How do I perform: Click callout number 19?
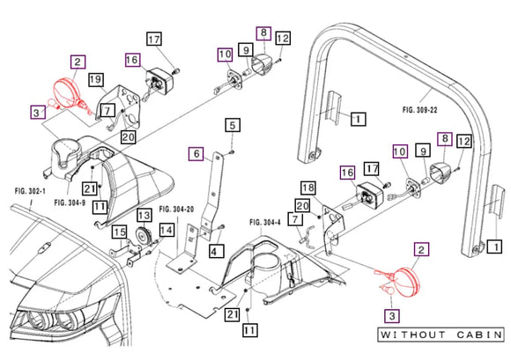(x=96, y=80)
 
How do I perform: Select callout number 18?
(x=308, y=187)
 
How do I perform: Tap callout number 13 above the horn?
(x=144, y=216)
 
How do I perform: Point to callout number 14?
(x=167, y=231)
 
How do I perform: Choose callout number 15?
(x=120, y=232)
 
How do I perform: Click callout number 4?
(x=216, y=252)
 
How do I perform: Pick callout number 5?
(x=233, y=125)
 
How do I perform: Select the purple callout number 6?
(x=196, y=154)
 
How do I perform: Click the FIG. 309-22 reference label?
(x=419, y=110)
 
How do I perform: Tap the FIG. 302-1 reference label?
(x=30, y=191)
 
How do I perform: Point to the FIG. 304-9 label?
(x=70, y=202)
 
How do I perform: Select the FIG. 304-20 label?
(x=176, y=209)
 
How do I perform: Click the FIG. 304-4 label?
(x=265, y=223)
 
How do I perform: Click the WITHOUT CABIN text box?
(x=441, y=335)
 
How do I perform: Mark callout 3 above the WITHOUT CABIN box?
(x=392, y=316)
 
